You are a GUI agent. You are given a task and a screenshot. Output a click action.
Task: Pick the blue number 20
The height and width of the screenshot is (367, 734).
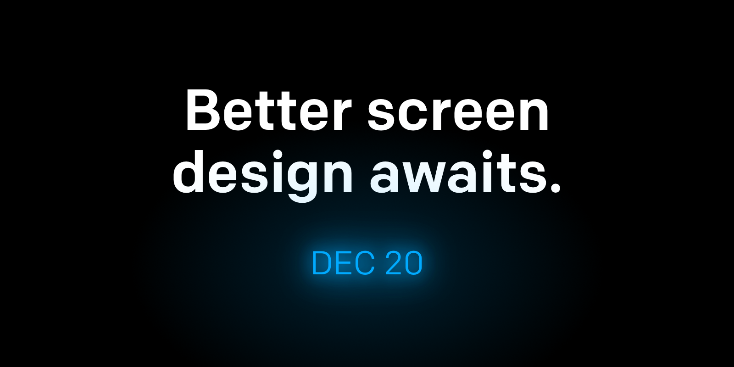click(x=404, y=263)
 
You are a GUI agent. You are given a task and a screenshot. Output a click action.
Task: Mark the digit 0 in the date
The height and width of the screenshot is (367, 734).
click(x=413, y=263)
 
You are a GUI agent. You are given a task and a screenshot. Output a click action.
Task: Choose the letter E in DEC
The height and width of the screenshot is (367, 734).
click(x=345, y=263)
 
